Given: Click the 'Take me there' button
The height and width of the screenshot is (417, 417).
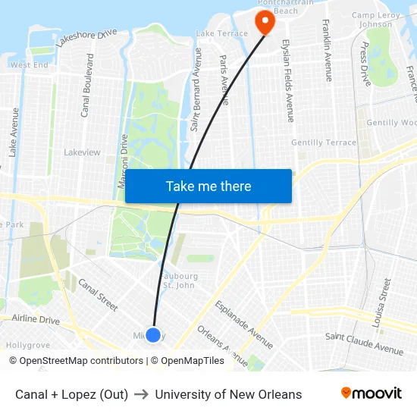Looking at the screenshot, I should point(208,186).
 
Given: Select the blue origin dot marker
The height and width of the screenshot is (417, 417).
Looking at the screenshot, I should point(153,334).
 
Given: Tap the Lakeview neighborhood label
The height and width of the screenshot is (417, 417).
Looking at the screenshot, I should point(82,152).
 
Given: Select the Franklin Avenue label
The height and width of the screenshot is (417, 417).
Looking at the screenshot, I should point(327,50).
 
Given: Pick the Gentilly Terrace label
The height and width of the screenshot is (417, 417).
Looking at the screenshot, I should point(324,143).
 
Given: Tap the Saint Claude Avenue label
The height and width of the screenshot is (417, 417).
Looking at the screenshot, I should point(365,343).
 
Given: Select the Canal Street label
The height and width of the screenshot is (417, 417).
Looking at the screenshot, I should point(98,295).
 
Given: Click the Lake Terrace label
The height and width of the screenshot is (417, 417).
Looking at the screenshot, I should point(221,33).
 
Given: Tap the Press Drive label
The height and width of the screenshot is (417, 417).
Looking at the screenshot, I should point(366,64).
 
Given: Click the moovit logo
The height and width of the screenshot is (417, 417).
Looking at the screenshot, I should point(372,393).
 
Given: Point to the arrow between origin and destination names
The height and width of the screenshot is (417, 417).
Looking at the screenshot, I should point(142,394).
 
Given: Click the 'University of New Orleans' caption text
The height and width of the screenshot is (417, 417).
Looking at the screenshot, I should point(228,394).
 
